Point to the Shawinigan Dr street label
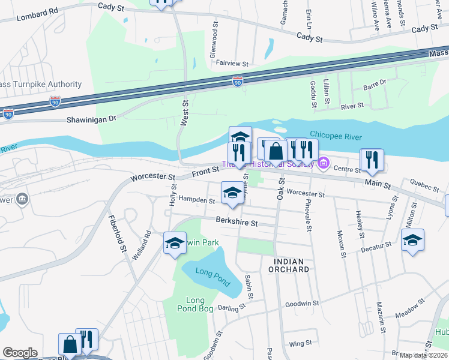(x=91, y=119)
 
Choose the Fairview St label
(x=232, y=63)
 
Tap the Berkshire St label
(x=237, y=223)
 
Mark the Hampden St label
(x=196, y=200)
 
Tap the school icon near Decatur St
(x=412, y=240)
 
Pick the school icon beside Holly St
(x=175, y=243)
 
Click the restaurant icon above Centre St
(x=372, y=160)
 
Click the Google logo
(x=20, y=353)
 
